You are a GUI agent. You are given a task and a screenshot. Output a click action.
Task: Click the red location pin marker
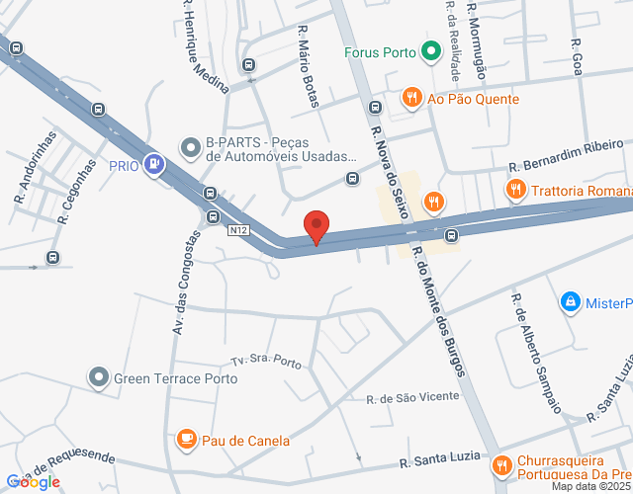(316, 226)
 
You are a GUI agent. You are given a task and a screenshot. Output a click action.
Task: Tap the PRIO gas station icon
(153, 165)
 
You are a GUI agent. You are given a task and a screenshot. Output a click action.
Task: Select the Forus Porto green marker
(430, 51)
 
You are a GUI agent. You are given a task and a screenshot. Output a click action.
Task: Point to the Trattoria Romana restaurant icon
(514, 189)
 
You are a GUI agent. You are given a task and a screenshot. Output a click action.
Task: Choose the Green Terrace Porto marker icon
(98, 377)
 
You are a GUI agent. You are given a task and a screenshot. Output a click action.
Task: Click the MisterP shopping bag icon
(570, 300)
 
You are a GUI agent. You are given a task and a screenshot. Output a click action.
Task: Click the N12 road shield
(237, 230)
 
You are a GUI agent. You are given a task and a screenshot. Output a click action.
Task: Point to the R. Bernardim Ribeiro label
(566, 157)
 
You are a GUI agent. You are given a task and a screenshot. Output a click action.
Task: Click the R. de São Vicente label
(412, 397)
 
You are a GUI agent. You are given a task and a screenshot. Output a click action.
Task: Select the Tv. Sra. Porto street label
(266, 363)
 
